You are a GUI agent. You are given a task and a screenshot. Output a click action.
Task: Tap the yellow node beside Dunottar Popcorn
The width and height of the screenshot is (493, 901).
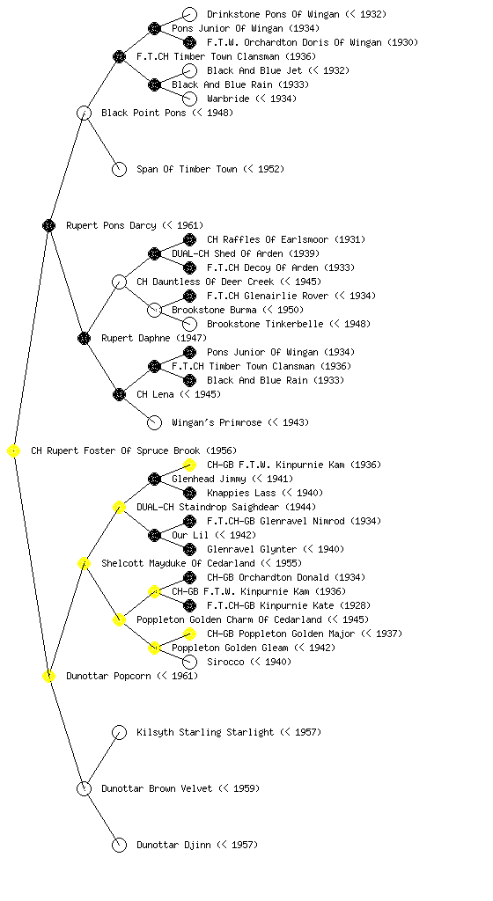[48, 676]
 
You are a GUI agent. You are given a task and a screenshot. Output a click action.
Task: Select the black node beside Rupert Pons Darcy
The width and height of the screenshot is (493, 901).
[48, 225]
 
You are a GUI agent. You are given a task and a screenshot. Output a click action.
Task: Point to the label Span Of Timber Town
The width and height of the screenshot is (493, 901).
[187, 169]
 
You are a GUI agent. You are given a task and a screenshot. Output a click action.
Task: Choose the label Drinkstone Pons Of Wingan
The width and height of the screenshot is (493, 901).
[273, 14]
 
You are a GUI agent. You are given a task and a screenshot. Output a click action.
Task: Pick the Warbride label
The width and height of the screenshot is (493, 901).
[228, 99]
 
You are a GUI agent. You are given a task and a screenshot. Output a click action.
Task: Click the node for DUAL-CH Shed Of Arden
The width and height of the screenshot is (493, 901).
[154, 253]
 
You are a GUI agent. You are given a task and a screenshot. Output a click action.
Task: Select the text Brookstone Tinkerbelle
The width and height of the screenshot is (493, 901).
[265, 324]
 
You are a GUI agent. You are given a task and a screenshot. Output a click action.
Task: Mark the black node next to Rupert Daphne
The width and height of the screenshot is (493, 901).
[84, 338]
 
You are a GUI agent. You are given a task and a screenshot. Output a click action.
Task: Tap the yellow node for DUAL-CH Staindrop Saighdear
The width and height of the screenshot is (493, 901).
[119, 507]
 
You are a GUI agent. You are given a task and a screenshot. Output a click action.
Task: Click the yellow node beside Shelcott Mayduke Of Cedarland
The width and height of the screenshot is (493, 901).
[84, 563]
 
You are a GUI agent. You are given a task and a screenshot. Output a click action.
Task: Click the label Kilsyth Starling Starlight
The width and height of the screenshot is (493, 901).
[205, 732]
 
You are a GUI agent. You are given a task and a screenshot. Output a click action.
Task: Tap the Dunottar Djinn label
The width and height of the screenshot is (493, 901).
[173, 845]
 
